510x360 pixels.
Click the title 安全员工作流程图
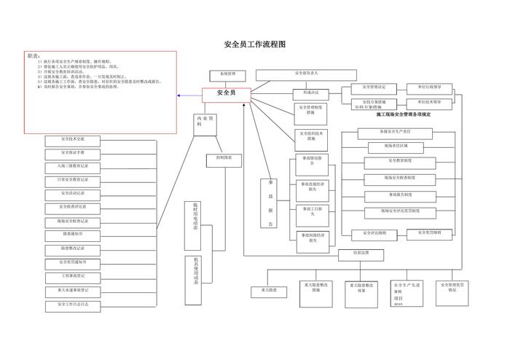(254, 44)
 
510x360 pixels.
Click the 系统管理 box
(227, 74)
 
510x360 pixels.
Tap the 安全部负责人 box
(315, 74)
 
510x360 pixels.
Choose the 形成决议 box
(311, 93)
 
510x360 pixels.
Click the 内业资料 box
(204, 122)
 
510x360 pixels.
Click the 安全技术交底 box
(73, 138)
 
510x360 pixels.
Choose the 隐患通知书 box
(73, 234)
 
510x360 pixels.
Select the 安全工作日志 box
(73, 303)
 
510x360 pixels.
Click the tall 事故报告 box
(270, 203)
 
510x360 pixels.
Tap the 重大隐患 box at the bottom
(264, 290)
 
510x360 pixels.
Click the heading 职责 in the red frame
(34, 55)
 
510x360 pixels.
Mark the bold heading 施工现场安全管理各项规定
(403, 114)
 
